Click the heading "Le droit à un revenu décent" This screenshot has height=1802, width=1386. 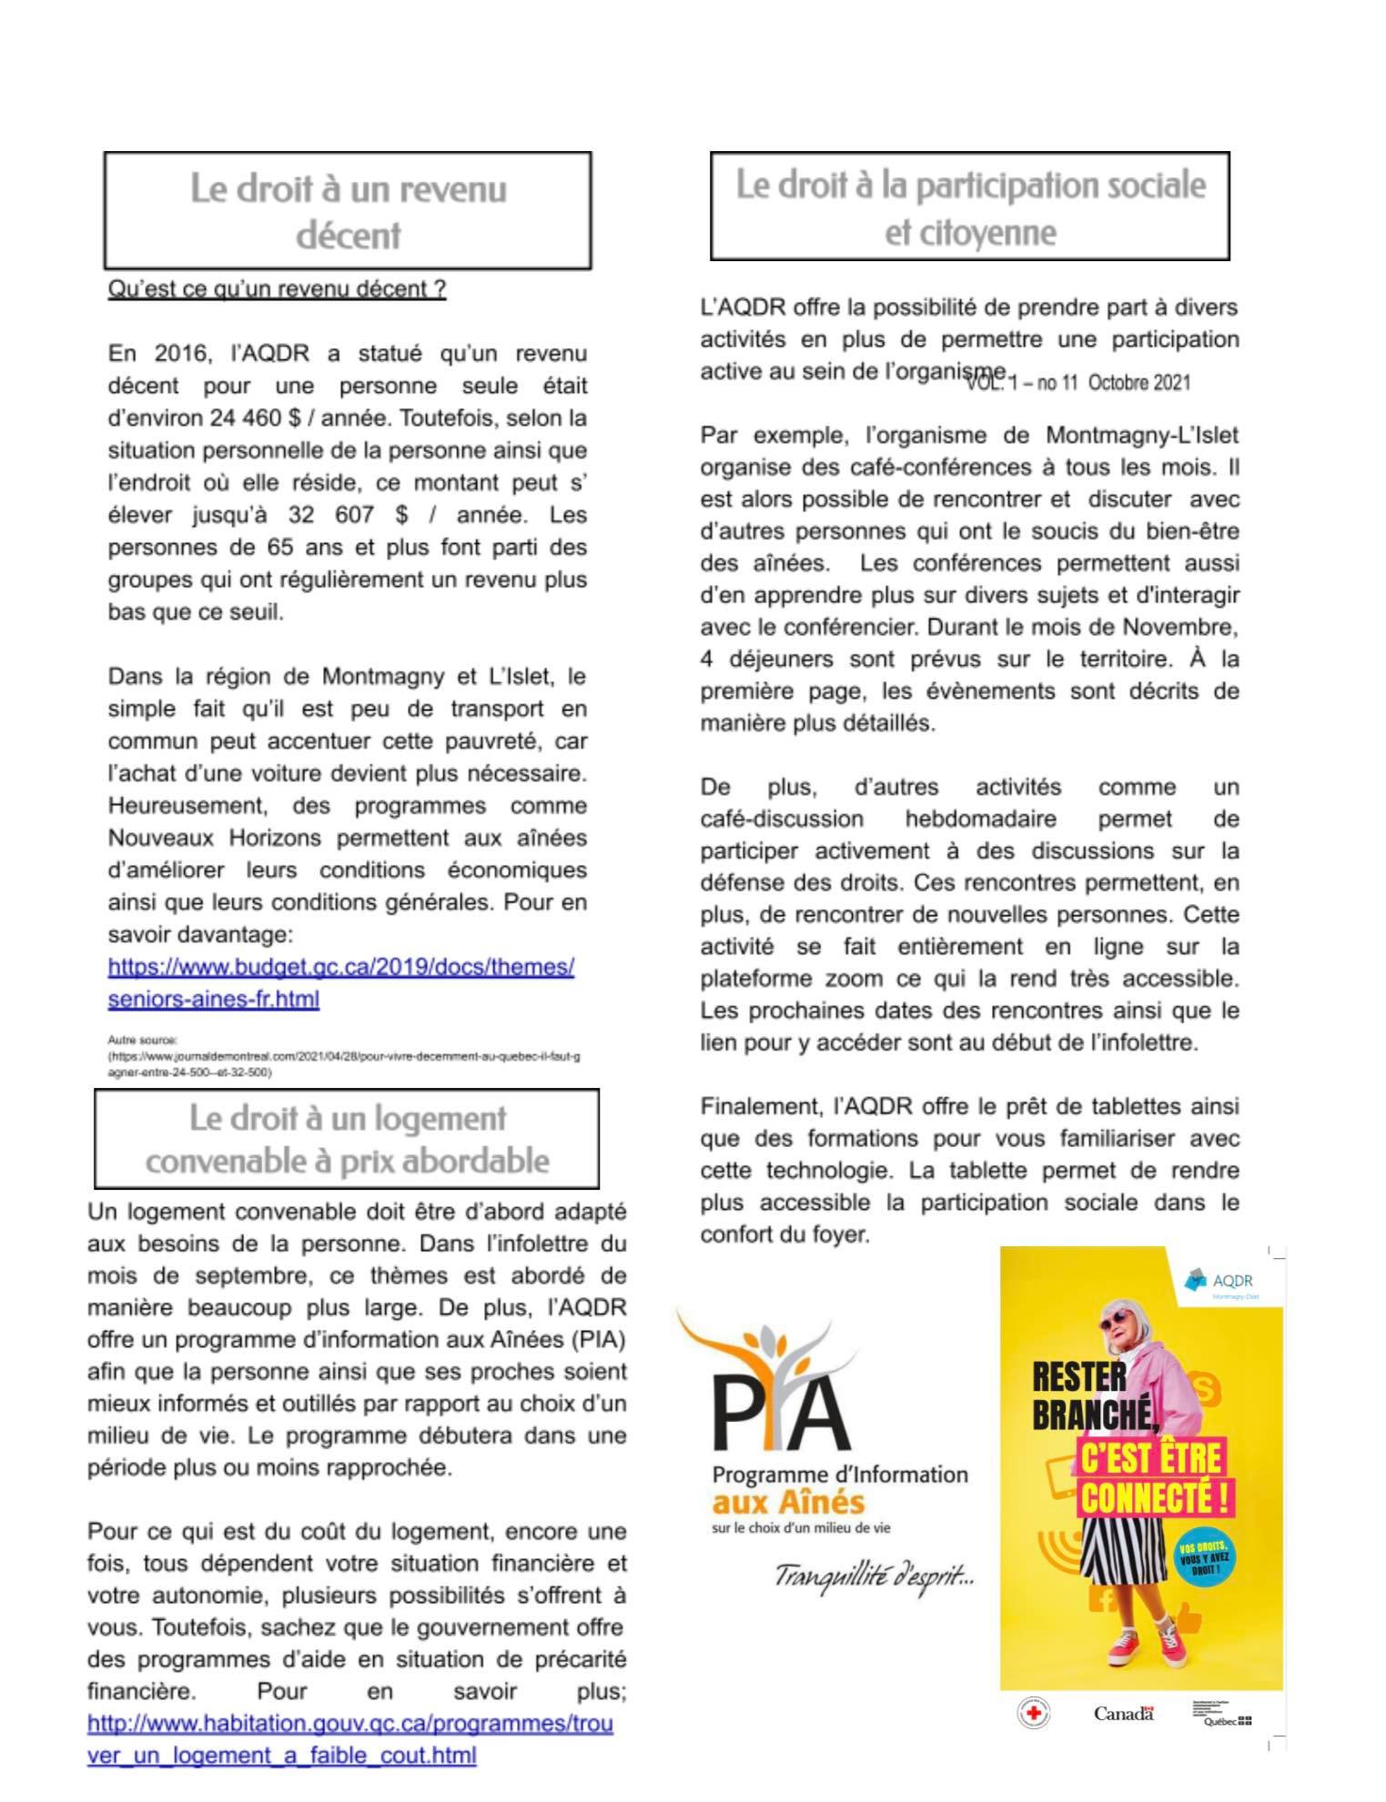point(348,211)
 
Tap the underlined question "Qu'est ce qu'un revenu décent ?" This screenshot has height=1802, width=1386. point(277,289)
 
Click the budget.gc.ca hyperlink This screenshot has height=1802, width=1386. point(340,982)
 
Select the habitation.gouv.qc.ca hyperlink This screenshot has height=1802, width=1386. point(349,1738)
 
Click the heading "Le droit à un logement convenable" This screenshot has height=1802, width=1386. point(347,1139)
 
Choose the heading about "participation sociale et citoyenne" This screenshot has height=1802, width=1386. point(970,207)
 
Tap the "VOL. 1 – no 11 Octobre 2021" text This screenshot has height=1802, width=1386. point(1078,383)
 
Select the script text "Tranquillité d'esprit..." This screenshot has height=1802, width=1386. point(873,1576)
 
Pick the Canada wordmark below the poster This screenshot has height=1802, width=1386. point(1123,1714)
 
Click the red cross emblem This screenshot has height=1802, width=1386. point(1033,1714)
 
